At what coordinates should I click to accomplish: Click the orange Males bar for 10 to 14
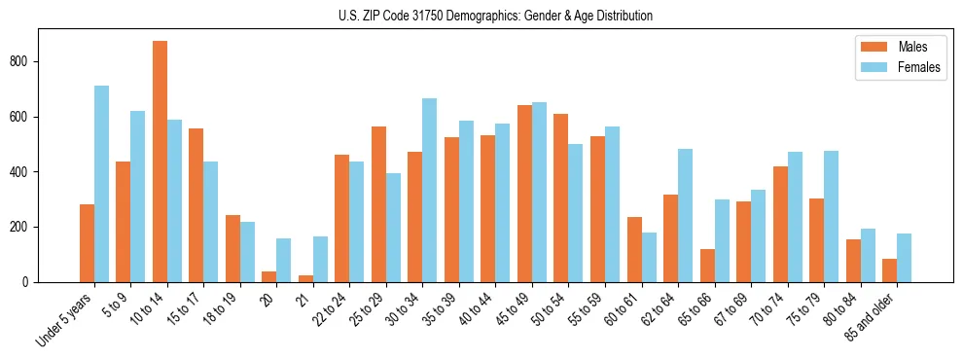point(160,162)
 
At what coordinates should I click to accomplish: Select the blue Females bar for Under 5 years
point(101,184)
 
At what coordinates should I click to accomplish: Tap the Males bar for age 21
point(305,278)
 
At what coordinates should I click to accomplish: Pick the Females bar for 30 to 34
point(430,190)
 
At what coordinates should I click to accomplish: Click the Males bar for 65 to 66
point(707,266)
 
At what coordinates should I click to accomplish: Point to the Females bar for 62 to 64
point(686,215)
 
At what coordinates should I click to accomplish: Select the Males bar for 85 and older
point(890,270)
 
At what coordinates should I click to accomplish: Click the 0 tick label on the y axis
point(31,282)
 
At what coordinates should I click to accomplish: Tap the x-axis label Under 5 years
point(66,317)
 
